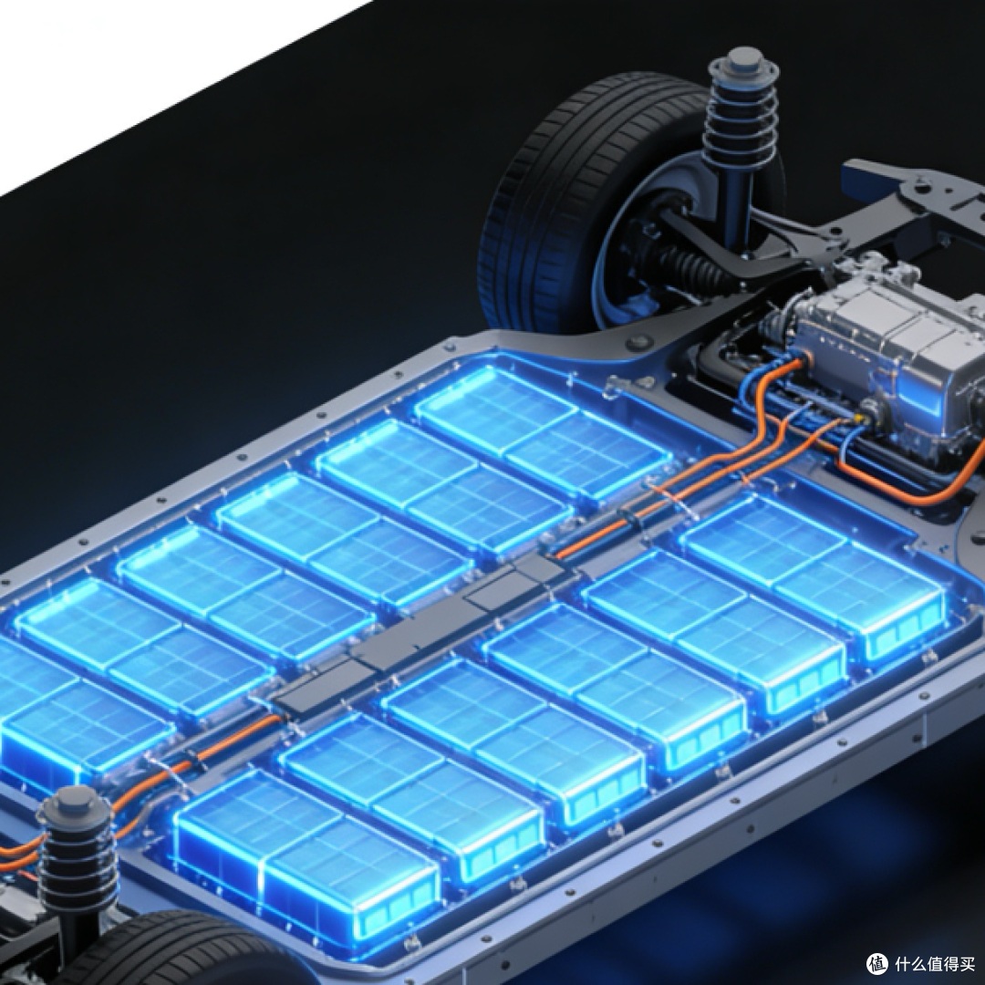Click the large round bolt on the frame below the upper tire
point(639,342)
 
